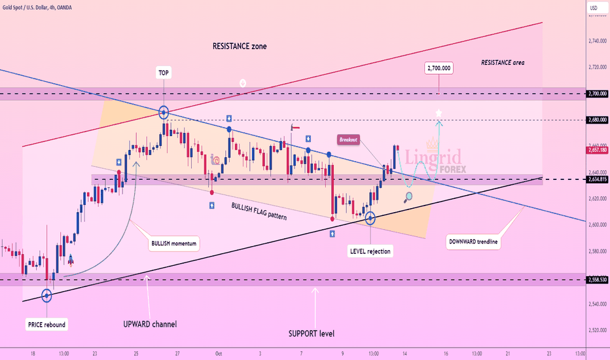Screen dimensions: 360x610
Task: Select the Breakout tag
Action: coord(349,139)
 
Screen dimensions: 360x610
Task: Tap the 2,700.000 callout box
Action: coord(439,68)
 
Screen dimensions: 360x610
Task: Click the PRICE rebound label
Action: coord(46,325)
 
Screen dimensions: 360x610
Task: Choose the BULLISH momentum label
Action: coord(170,243)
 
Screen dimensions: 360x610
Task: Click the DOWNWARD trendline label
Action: coord(474,242)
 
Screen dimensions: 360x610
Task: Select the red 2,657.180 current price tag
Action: coord(596,150)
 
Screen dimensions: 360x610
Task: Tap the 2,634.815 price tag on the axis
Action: coord(596,179)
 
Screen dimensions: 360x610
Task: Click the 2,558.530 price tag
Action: coord(596,279)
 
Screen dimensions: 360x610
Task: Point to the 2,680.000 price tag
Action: coord(596,120)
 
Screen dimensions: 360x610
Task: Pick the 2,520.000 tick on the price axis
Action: coord(596,330)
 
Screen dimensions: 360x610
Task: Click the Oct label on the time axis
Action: coord(220,353)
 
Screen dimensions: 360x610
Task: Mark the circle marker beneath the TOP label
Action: coord(163,113)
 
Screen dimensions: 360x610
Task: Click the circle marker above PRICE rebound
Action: coord(46,296)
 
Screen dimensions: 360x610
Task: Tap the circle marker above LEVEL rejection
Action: coord(370,219)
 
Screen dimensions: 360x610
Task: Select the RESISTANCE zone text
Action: coord(240,46)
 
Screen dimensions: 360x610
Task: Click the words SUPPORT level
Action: coord(312,334)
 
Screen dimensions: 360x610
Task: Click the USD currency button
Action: coord(594,8)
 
